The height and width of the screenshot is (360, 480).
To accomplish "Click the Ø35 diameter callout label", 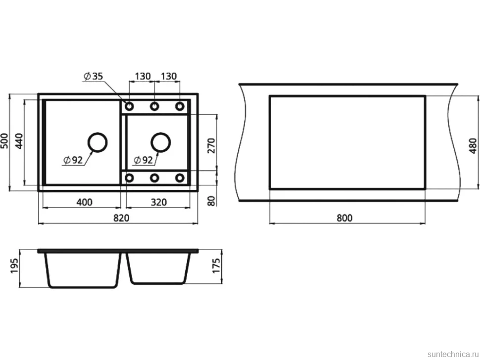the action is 94,76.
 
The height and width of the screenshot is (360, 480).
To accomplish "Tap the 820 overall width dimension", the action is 121,218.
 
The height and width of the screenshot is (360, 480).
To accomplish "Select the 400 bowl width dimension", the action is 84,202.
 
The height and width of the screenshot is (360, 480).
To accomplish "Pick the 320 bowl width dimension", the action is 158,202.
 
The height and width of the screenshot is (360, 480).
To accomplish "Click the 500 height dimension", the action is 4,141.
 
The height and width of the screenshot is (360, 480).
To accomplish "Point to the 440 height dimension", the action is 19,141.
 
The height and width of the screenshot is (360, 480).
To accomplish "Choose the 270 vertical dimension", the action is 211,145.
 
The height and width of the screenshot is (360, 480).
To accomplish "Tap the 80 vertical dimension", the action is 211,201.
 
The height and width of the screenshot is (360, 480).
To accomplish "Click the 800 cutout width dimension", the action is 344,218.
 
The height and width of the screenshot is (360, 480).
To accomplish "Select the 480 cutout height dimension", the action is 473,145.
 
